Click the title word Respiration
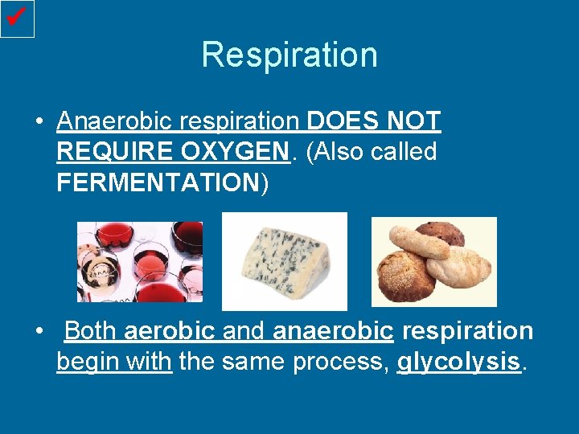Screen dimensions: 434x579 [289, 55]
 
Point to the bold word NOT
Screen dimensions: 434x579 [413, 121]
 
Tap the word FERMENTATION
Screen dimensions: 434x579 [156, 182]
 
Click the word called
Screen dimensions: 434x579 [404, 152]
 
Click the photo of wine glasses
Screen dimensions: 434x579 [140, 262]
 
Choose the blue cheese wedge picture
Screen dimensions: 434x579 [284, 261]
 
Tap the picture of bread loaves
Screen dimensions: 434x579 [433, 262]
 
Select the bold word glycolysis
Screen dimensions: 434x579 [458, 362]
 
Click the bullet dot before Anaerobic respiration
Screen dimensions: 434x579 [39, 122]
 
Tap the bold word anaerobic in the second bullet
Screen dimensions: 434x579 [334, 331]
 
